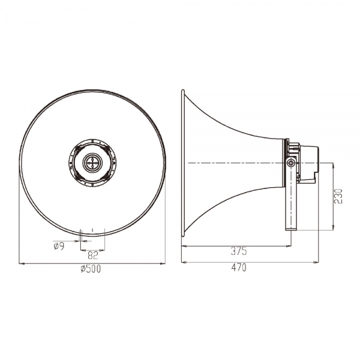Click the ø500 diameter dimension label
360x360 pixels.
point(91,269)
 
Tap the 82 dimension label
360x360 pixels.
point(93,255)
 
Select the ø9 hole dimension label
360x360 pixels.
point(59,247)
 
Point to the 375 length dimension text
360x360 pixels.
point(239,251)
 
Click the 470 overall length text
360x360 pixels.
point(239,268)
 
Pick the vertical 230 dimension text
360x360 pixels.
point(338,196)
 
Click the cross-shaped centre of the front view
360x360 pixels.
point(92,163)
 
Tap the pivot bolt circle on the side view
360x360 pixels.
point(291,163)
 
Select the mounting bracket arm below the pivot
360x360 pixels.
point(291,197)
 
